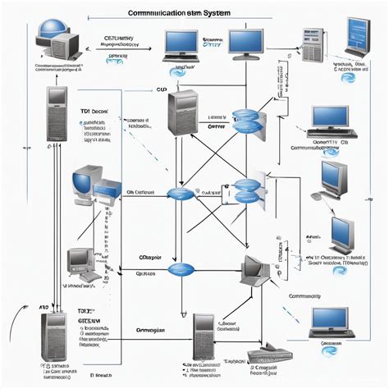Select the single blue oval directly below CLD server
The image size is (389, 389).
179,194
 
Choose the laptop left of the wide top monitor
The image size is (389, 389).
180,47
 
